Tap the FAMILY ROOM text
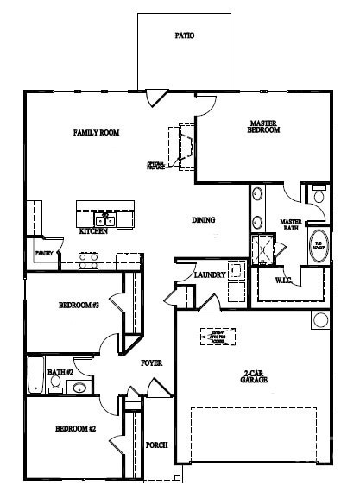point(96,133)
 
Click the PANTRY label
point(43,254)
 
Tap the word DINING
point(203,220)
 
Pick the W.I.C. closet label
point(286,281)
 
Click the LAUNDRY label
point(210,275)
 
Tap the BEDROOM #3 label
point(79,306)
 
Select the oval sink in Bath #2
point(79,387)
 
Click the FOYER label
point(152,363)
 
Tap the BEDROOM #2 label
point(75,429)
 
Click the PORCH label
point(156,445)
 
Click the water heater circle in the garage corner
point(320,320)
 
